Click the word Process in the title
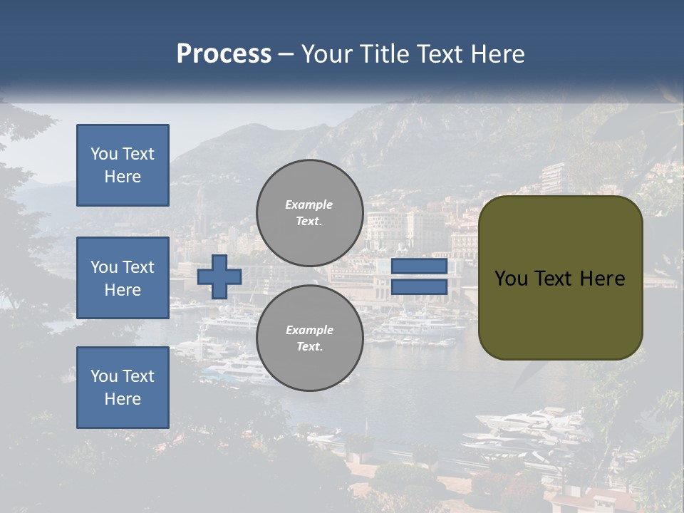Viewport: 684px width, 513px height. click(224, 54)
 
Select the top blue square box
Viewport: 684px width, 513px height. click(123, 165)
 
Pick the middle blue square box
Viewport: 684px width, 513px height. click(123, 278)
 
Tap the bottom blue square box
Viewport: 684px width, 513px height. click(123, 388)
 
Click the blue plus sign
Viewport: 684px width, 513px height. click(219, 276)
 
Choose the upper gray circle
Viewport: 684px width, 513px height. click(310, 213)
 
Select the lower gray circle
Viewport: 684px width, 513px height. click(310, 338)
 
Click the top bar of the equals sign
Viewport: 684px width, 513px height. click(420, 266)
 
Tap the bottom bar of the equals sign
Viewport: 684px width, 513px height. click(420, 287)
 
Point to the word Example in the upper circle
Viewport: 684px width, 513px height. click(309, 204)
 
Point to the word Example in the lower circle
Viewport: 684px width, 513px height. click(309, 330)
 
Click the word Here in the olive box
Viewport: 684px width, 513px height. click(604, 279)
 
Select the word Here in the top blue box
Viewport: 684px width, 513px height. click(123, 177)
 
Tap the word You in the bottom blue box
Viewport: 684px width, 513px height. click(103, 376)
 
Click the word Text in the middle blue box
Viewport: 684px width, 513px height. click(138, 267)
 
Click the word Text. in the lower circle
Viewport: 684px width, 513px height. click(309, 347)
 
